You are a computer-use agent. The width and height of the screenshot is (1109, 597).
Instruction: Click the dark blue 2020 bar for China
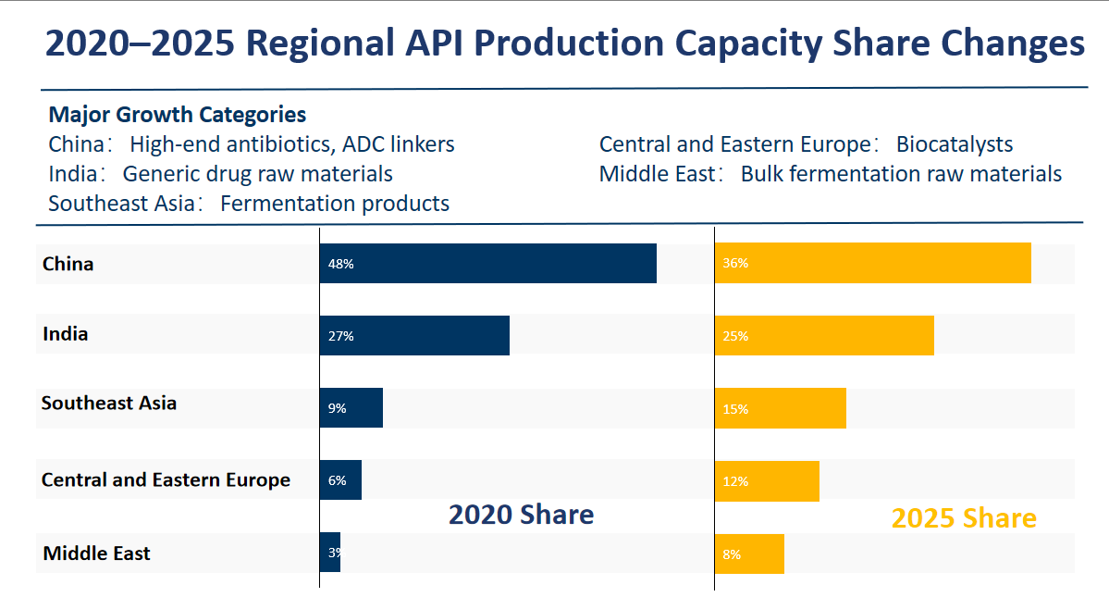click(487, 264)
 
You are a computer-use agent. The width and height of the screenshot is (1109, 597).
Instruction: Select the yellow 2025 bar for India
click(824, 335)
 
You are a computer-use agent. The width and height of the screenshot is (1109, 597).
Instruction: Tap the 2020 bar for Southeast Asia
click(351, 407)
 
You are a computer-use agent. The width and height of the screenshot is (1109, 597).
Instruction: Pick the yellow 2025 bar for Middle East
click(749, 553)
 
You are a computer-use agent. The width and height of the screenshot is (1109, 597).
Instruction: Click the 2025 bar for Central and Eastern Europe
click(767, 481)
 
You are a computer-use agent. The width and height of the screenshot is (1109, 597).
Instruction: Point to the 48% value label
click(340, 264)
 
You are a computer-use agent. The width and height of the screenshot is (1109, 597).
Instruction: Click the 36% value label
click(735, 263)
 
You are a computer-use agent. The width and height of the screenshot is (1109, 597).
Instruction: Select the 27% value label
click(340, 336)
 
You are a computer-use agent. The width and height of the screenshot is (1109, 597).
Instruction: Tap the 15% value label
click(735, 408)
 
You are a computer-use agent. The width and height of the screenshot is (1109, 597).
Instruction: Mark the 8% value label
click(732, 554)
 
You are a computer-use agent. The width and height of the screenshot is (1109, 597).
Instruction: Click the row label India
click(66, 333)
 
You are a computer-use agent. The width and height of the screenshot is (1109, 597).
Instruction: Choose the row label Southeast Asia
click(109, 404)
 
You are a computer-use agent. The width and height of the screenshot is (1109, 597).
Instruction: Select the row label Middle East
click(96, 553)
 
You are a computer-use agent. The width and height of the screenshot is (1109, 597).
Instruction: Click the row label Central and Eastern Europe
click(166, 479)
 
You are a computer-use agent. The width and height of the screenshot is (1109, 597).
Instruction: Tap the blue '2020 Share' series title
click(521, 515)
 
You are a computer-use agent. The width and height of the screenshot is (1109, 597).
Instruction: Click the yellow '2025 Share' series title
click(963, 518)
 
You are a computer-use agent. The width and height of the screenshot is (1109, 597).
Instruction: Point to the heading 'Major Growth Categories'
click(177, 115)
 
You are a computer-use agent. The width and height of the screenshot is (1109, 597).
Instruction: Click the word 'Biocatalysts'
click(954, 144)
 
